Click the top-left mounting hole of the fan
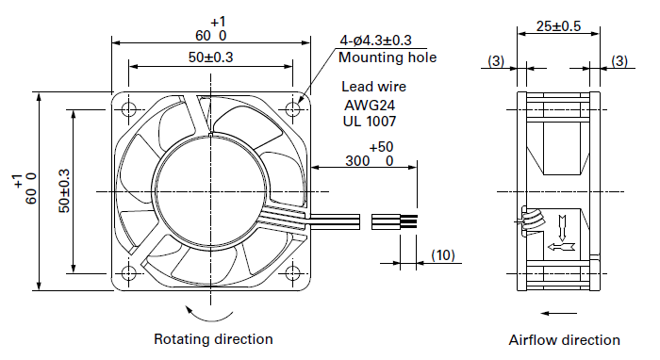[128, 109]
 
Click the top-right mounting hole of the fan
[292, 109]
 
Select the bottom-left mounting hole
[128, 273]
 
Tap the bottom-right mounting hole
[292, 273]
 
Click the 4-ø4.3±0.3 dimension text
[376, 41]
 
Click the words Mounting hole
[388, 57]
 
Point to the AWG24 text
[370, 105]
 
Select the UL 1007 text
[370, 122]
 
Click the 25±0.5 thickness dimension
[558, 26]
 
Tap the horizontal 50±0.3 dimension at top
[210, 57]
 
